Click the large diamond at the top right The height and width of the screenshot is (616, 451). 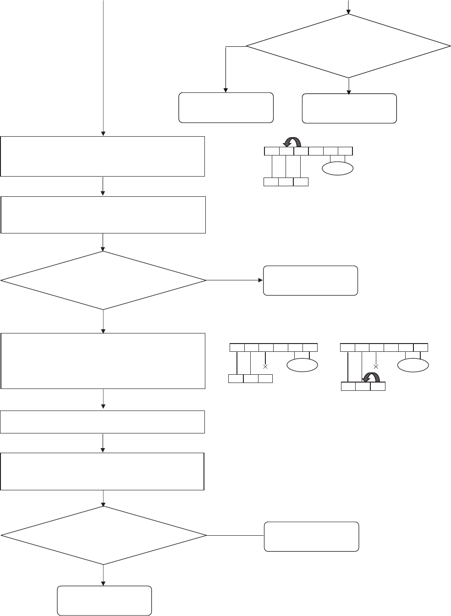pos(348,46)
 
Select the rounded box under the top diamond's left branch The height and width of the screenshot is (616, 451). pos(226,108)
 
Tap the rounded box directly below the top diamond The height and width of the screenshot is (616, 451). pos(349,108)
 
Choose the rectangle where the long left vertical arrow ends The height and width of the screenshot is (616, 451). pos(103,156)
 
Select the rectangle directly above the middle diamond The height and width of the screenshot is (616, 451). pos(103,215)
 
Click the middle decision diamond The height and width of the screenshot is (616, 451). pos(103,280)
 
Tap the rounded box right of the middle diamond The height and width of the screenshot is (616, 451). pos(310,280)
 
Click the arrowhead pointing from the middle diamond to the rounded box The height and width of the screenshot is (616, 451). pos(260,280)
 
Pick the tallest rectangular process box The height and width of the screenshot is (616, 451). pos(103,361)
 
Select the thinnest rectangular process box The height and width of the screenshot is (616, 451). pos(103,422)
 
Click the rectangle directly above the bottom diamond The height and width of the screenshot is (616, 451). pos(102,472)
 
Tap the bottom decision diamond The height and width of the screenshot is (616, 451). pos(103,535)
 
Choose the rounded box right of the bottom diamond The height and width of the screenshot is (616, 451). pos(312,536)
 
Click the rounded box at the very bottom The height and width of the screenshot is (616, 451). pos(104,600)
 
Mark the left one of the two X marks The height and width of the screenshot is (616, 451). pos(265,367)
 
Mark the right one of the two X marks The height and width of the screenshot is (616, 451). pos(376,367)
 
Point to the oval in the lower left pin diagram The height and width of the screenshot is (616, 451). pos(302,366)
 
